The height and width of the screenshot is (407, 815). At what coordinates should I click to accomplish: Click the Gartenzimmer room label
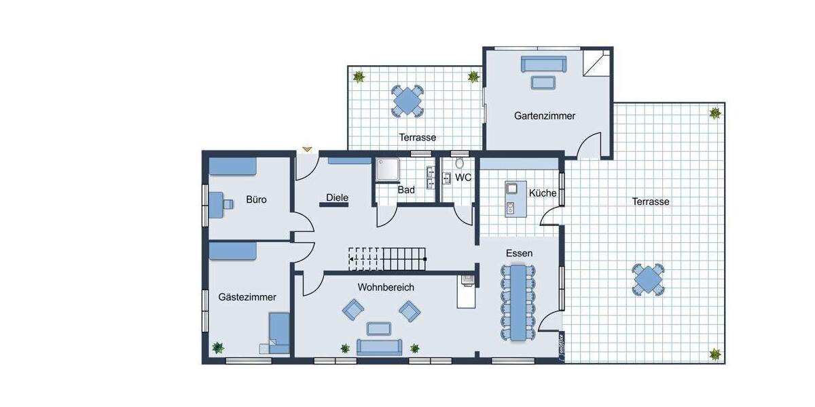coord(545,116)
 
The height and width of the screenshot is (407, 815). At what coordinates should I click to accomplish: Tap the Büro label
coord(256,200)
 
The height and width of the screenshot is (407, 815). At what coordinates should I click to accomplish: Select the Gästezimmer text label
coord(247,297)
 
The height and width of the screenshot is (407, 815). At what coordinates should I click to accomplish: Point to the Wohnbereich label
coord(386,288)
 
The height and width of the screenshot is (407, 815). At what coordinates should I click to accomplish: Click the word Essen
coord(519,253)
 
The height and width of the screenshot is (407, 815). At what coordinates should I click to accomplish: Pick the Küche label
coord(543,193)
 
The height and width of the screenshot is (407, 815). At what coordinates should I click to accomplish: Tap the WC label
coord(463,178)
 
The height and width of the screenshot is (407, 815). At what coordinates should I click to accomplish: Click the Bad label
coord(406,190)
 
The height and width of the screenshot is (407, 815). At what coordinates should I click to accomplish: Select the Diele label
coord(337,198)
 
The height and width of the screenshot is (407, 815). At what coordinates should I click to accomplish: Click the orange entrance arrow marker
coord(307,148)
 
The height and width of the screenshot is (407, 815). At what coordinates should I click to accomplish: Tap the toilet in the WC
coord(460,163)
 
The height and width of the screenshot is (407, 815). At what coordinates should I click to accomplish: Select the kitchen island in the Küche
coord(511,198)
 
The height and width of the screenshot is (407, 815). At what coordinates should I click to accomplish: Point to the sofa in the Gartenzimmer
coord(543,64)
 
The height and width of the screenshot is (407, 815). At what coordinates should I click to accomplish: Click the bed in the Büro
coord(232,166)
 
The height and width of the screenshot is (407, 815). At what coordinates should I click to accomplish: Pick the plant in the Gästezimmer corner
coord(218,347)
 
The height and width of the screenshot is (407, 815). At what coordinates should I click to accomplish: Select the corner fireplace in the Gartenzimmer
coord(596,64)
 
